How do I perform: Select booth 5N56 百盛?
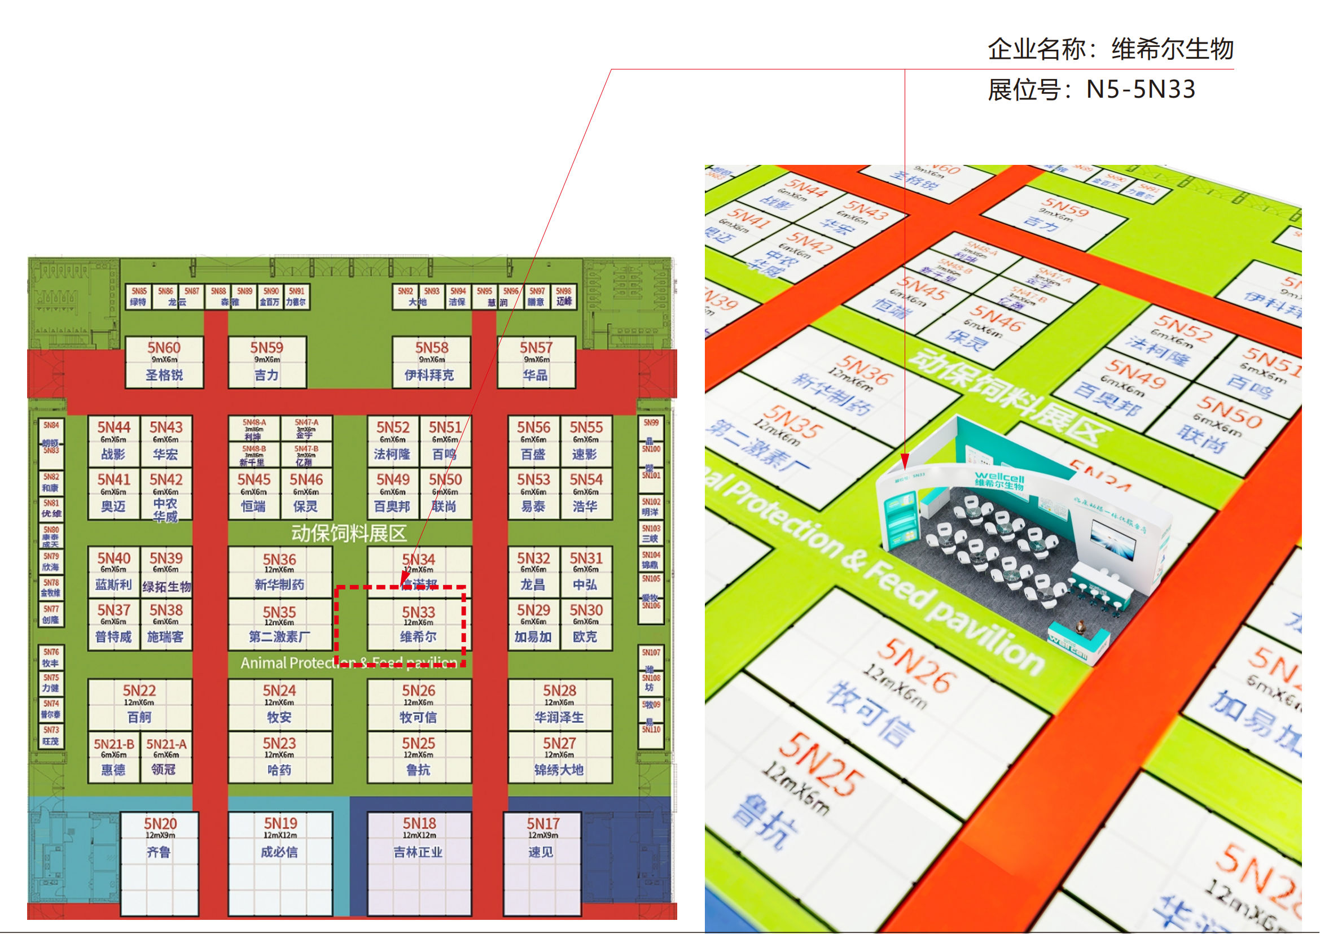click(533, 440)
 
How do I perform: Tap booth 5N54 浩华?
click(585, 493)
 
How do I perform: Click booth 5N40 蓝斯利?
click(113, 571)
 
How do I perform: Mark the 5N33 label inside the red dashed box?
click(419, 613)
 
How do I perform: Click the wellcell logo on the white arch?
click(999, 480)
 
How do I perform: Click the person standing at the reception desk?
click(1080, 626)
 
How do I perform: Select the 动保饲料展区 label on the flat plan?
click(348, 533)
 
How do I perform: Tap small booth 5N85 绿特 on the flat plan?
click(139, 296)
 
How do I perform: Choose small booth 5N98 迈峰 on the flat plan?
click(563, 296)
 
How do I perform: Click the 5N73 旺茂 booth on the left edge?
click(51, 736)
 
